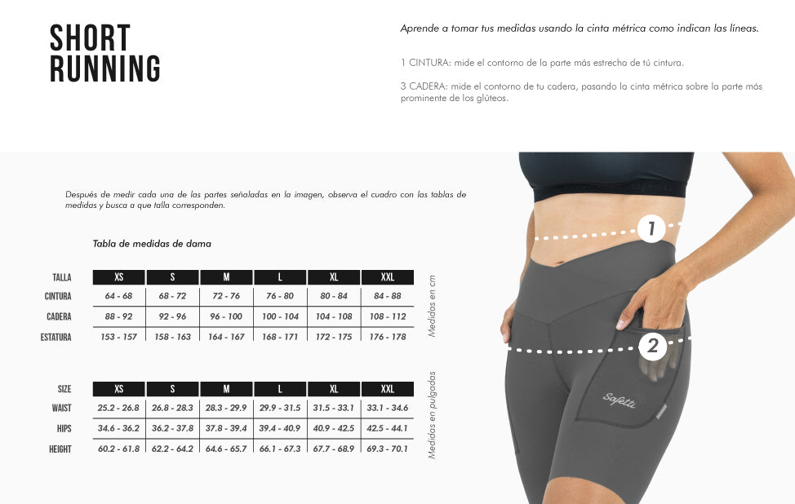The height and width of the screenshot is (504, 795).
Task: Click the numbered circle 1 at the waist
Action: [x=651, y=228]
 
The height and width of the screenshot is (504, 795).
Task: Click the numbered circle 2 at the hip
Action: [x=652, y=347]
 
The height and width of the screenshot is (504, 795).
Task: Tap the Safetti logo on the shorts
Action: [x=619, y=400]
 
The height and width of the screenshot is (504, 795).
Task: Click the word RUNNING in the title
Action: [x=105, y=69]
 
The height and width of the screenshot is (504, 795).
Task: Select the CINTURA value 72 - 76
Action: [x=226, y=296]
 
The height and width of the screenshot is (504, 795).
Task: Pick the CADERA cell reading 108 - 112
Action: [x=388, y=316]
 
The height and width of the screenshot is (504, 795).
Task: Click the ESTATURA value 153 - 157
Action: [x=118, y=337]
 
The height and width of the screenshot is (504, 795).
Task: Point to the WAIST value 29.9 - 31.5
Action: [x=280, y=408]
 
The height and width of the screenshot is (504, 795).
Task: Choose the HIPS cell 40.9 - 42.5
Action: [x=334, y=428]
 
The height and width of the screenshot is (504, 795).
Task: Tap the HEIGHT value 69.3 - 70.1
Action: [x=388, y=449]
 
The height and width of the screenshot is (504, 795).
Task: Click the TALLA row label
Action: [x=62, y=277]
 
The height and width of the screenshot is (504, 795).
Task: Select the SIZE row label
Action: [x=64, y=389]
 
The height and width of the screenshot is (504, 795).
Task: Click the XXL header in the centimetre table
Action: [x=388, y=277]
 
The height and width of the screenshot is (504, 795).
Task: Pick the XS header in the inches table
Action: [x=118, y=389]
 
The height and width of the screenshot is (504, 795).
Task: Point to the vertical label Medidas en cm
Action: [x=433, y=306]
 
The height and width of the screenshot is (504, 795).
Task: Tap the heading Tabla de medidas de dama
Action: [x=152, y=244]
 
